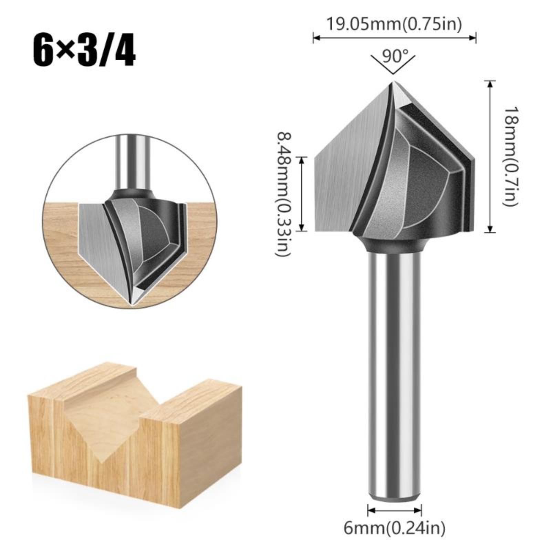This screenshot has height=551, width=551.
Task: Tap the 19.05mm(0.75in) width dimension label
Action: pos(394,24)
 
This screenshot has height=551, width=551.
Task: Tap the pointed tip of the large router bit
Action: pos(394,81)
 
